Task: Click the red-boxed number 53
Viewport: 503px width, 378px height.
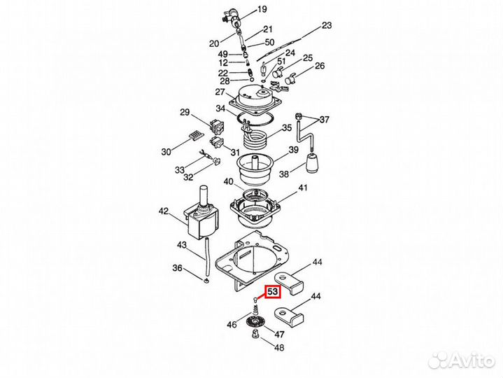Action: coord(273,292)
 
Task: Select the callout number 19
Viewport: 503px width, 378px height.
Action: coord(262,9)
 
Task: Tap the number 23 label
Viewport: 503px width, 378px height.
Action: coord(327,25)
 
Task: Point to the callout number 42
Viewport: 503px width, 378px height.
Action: coord(163,211)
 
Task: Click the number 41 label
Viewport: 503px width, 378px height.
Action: coord(302,188)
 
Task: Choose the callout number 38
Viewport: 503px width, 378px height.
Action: coord(284,174)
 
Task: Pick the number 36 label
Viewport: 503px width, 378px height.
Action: coord(178,267)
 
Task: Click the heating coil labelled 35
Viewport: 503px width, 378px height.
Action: coord(255,137)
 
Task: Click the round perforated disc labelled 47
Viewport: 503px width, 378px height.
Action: coord(255,321)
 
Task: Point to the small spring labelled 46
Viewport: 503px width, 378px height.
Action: coord(255,309)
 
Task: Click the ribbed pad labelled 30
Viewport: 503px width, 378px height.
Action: coord(194,135)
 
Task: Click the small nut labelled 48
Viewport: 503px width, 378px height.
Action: coord(255,334)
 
